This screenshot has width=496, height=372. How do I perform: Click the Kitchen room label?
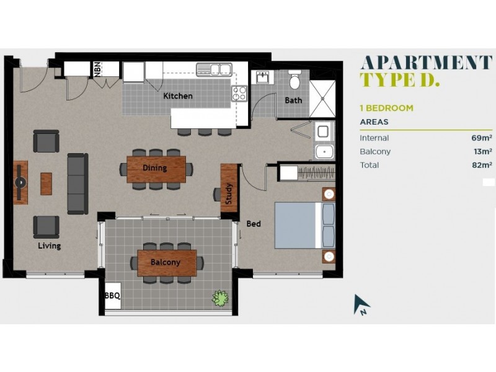177,96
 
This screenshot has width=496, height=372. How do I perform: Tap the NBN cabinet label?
98,69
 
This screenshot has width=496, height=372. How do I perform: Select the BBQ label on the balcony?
112,296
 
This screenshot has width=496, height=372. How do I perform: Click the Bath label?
293,100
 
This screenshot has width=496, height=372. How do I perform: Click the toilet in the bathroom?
294,80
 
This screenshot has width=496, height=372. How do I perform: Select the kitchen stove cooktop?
239,93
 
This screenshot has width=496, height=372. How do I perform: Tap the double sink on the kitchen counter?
214,69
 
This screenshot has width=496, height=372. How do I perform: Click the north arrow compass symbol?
361,304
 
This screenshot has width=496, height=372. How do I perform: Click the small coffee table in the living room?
46,183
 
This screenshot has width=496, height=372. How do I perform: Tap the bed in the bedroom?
304,225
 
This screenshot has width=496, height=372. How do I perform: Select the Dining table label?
155,168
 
